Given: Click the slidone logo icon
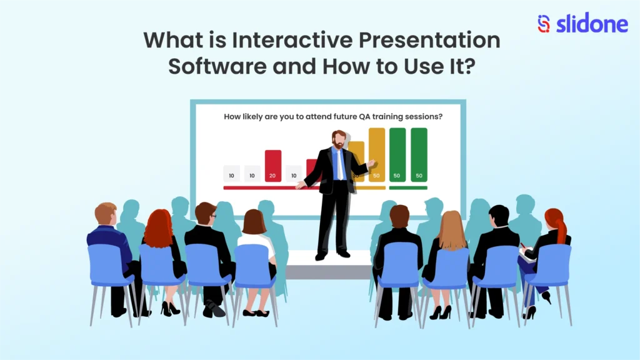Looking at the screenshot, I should tap(544, 24).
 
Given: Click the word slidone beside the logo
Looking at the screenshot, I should tap(584, 24).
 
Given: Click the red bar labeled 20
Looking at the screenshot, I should tap(273, 166).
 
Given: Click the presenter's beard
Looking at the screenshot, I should tap(338, 146).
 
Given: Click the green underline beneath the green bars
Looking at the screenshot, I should tap(408, 187).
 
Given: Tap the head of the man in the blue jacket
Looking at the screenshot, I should tap(106, 214).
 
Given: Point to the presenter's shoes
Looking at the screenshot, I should tap(332, 255).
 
